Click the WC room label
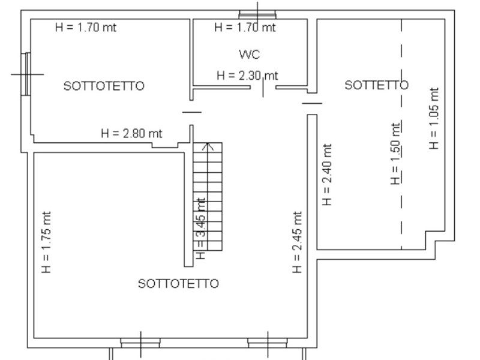(x=249, y=55)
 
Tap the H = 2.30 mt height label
(x=247, y=76)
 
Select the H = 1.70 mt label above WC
(x=245, y=27)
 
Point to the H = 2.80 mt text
(x=131, y=133)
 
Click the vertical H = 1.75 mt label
(x=46, y=242)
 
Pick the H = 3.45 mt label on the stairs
(x=200, y=229)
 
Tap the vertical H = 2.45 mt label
(x=297, y=242)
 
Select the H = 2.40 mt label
(x=327, y=175)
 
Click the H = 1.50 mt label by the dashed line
(x=395, y=154)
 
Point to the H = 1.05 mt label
(x=434, y=118)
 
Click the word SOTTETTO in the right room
(x=376, y=85)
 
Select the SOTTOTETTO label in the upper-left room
(x=104, y=86)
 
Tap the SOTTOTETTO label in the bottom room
(x=178, y=284)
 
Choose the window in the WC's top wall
(x=257, y=14)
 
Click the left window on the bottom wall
(x=140, y=343)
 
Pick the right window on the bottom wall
(x=268, y=343)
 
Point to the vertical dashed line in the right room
(x=401, y=134)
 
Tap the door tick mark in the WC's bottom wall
(x=263, y=88)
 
